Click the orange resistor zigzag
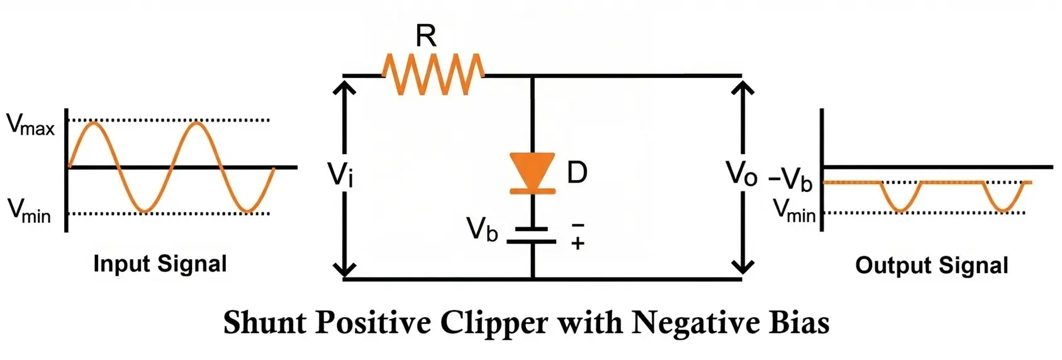click(433, 74)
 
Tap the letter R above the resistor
click(426, 37)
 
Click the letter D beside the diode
click(577, 172)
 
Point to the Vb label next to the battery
click(482, 230)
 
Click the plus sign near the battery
click(578, 244)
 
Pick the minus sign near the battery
click(578, 225)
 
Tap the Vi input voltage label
click(340, 174)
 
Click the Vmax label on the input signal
click(30, 125)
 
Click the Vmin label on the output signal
click(794, 211)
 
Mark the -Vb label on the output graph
click(791, 181)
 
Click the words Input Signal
click(160, 264)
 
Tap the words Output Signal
click(931, 266)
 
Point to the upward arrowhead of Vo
click(743, 87)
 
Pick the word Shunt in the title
click(264, 323)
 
